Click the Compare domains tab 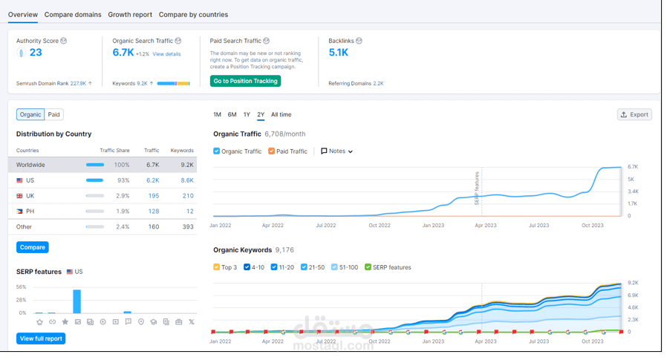click(73, 14)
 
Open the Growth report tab click(130, 14)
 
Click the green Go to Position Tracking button click(245, 81)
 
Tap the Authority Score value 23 click(36, 52)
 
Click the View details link click(166, 54)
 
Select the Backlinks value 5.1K click(339, 52)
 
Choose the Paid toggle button click(53, 114)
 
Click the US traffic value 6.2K click(153, 180)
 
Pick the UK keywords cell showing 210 click(188, 196)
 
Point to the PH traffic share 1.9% click(123, 212)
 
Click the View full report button click(41, 338)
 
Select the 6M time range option click(232, 114)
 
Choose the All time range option click(282, 114)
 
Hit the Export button click(634, 114)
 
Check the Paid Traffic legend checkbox click(271, 151)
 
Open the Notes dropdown click(336, 151)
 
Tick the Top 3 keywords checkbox click(217, 267)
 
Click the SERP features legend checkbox click(368, 267)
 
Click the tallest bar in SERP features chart click(77, 301)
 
